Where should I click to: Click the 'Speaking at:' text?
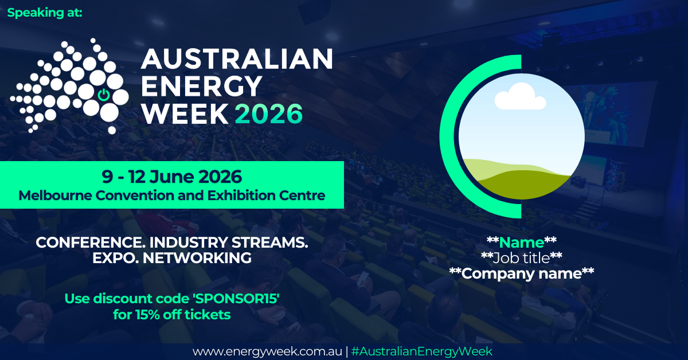(x=45, y=13)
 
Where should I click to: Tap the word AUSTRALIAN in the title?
(x=236, y=59)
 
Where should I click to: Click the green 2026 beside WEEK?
(x=268, y=114)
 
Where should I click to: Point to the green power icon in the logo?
(x=103, y=95)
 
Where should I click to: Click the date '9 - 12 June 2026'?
(x=171, y=175)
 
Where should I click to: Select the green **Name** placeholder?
(x=521, y=242)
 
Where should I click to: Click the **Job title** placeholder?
(x=521, y=257)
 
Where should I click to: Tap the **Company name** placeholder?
(x=521, y=273)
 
